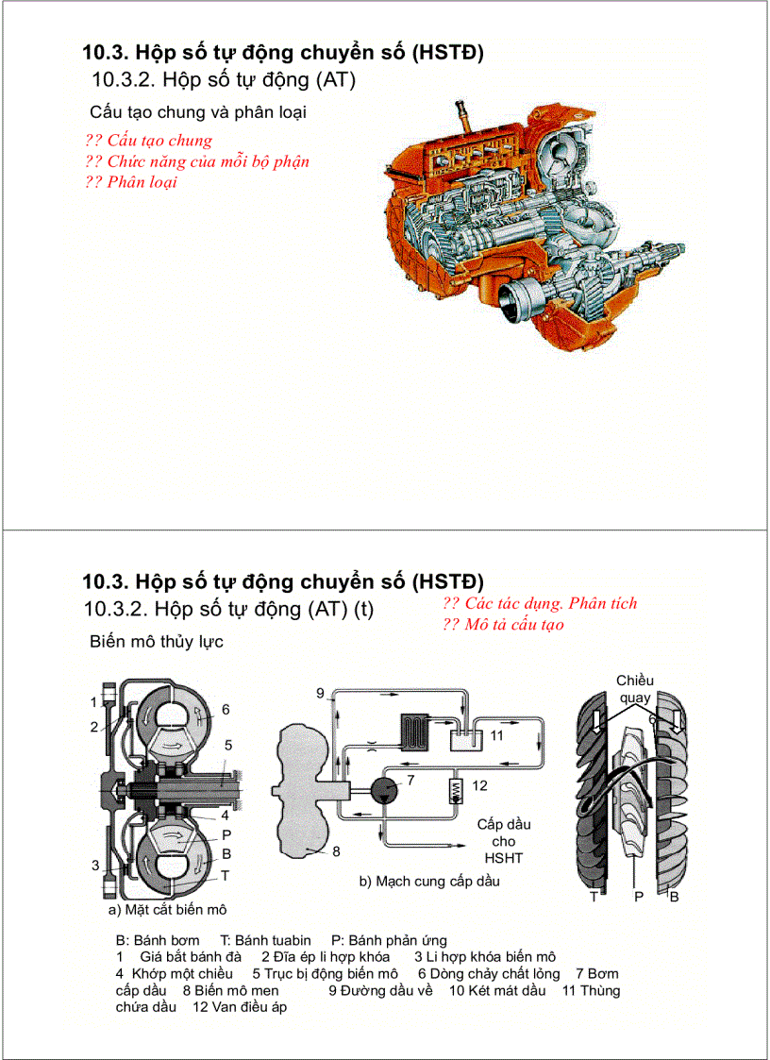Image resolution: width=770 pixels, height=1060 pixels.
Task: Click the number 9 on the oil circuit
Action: (321, 694)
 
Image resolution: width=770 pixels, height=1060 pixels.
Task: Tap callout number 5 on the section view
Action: (227, 745)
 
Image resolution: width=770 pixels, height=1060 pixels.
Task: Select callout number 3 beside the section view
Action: (95, 865)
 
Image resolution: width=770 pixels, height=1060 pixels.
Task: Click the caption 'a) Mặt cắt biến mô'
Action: (167, 910)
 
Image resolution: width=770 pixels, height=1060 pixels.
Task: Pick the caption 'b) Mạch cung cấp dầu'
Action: (428, 882)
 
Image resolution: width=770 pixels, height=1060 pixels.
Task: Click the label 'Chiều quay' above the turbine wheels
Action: (634, 689)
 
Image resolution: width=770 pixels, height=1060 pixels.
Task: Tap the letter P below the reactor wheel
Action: (639, 897)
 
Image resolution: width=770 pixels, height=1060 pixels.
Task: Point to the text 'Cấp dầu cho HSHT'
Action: (503, 840)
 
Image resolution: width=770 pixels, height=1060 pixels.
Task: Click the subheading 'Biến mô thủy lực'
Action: (156, 642)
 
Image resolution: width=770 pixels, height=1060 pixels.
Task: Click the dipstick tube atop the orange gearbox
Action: (462, 119)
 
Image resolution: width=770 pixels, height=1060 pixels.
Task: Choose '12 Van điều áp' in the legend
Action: (240, 1007)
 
